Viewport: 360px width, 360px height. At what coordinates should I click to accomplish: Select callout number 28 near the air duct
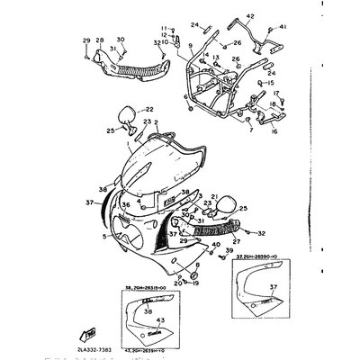99,40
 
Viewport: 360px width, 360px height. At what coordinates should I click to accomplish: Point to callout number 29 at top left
86,40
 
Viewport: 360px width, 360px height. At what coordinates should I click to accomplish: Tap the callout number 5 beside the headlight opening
104,236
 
